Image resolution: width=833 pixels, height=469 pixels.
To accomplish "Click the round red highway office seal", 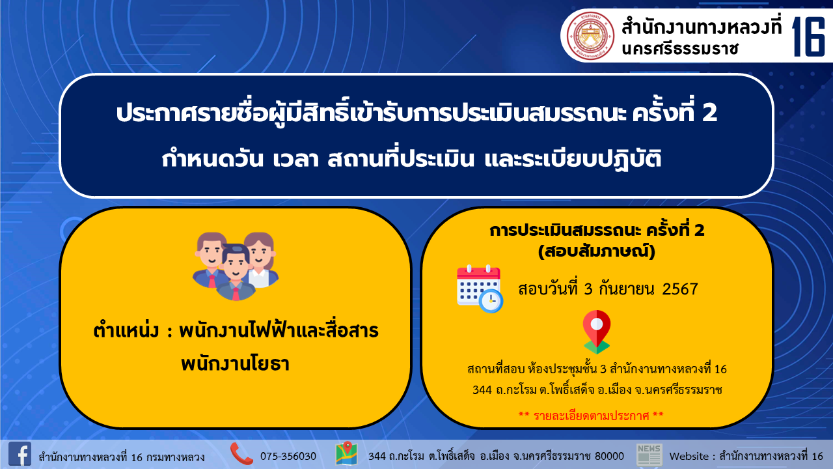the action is [x=590, y=36].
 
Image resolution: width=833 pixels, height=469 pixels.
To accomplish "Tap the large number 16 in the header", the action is [x=808, y=37].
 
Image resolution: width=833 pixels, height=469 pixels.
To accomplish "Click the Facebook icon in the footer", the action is [x=20, y=454].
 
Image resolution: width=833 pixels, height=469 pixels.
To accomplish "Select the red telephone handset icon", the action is [x=241, y=454].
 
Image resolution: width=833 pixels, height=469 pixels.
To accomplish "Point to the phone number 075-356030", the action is [x=288, y=457].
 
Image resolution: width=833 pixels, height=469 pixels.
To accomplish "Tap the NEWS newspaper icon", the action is [x=649, y=455].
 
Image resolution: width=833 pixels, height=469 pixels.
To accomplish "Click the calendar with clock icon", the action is [x=480, y=289].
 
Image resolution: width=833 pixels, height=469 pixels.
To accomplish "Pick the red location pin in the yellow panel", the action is [x=597, y=332].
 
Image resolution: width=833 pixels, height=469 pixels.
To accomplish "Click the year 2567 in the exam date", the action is [x=680, y=289].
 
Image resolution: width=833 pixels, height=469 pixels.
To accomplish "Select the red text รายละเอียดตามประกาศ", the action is [x=591, y=416].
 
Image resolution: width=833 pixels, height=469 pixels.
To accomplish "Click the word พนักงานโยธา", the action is [x=235, y=363].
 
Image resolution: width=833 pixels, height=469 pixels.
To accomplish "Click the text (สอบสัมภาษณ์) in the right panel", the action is [x=597, y=251].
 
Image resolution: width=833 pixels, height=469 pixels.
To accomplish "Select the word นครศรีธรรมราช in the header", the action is [x=679, y=49].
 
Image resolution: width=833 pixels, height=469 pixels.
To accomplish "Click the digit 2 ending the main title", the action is [x=709, y=113].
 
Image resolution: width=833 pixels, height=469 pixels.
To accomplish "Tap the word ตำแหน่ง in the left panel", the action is [x=126, y=330].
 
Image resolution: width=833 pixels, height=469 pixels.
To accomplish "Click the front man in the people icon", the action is [x=236, y=272].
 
